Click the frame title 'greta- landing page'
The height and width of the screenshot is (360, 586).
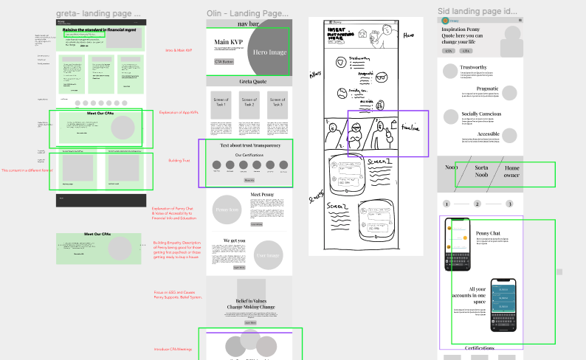(x=98, y=13)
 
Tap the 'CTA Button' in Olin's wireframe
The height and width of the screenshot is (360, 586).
(x=224, y=62)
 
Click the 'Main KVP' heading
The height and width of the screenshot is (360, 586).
(x=230, y=41)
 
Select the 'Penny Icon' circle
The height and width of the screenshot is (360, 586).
(x=226, y=210)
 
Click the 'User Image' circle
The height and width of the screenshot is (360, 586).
(x=268, y=256)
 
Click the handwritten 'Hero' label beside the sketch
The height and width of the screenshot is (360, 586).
(x=408, y=35)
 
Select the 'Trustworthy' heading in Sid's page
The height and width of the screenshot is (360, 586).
(x=473, y=67)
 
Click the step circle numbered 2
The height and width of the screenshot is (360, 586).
(x=477, y=204)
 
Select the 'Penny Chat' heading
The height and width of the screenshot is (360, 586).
(x=489, y=233)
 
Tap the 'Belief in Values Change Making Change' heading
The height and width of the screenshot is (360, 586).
(x=250, y=305)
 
